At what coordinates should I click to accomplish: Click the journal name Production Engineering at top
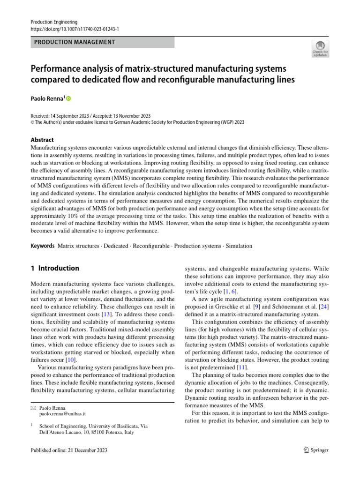point(54,22)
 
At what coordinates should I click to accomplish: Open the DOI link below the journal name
point(75,29)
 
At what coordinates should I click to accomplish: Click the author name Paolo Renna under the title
point(47,99)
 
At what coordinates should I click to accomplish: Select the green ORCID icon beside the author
point(68,99)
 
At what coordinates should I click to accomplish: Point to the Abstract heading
point(42,140)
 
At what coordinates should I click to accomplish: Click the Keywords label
point(43,246)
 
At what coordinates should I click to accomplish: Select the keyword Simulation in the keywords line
point(240,246)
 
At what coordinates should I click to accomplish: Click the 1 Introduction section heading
point(55,269)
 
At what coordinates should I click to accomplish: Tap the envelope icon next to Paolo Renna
point(32,408)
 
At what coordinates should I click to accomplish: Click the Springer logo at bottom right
point(316,450)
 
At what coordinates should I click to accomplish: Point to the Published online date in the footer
point(69,450)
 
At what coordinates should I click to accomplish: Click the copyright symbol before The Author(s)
point(32,122)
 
